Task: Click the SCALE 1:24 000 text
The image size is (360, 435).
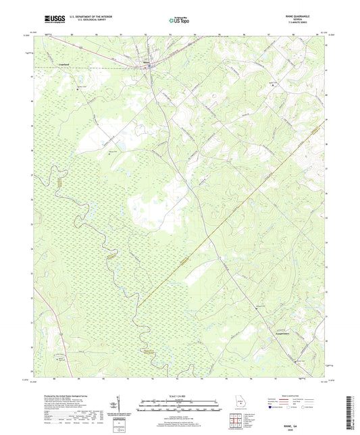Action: coord(180,395)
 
